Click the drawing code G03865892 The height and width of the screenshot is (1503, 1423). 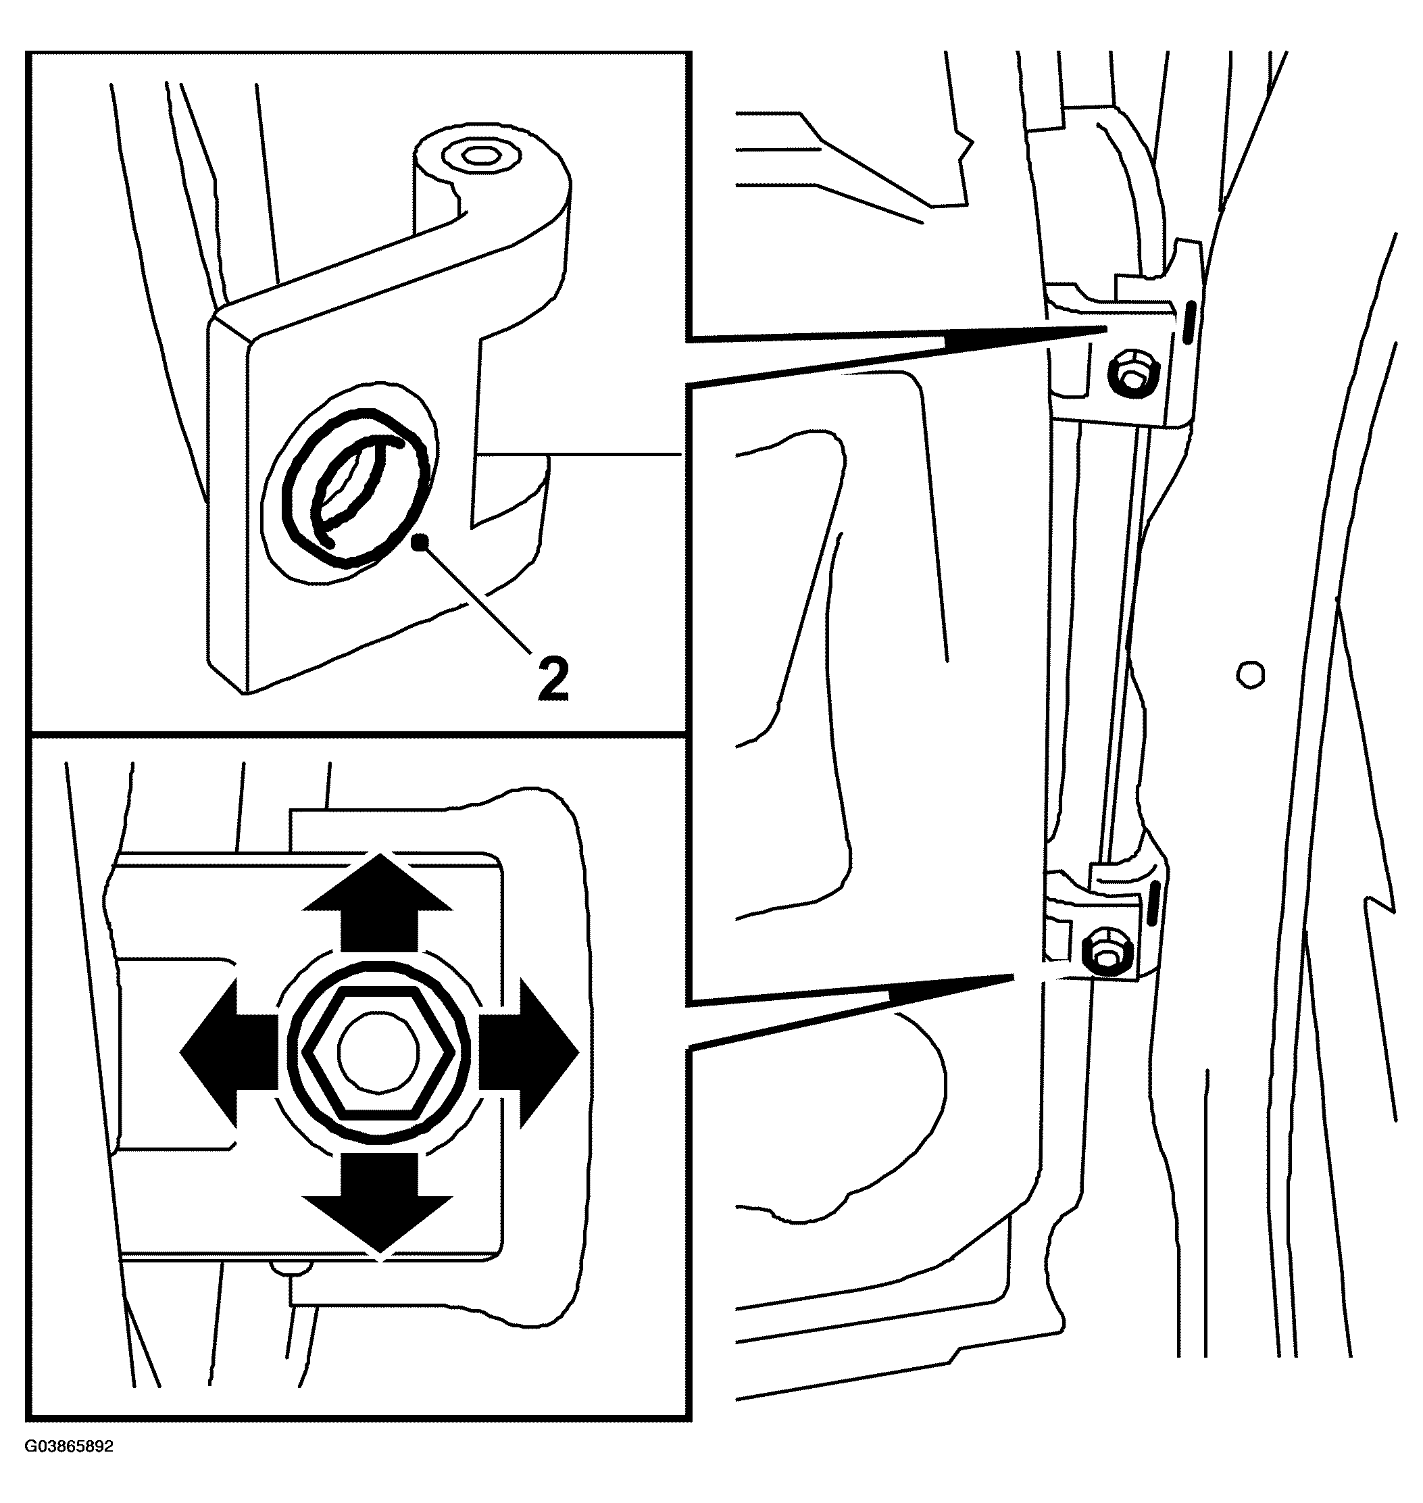click(x=69, y=1467)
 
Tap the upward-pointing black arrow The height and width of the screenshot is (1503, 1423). click(x=378, y=902)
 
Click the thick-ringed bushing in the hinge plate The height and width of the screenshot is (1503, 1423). click(x=355, y=488)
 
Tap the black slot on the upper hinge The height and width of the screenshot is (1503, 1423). click(x=1189, y=320)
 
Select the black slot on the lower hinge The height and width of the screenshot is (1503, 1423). click(x=1155, y=902)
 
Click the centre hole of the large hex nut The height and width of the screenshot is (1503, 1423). click(x=378, y=1055)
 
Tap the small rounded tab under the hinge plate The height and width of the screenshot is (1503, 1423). click(x=292, y=1266)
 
